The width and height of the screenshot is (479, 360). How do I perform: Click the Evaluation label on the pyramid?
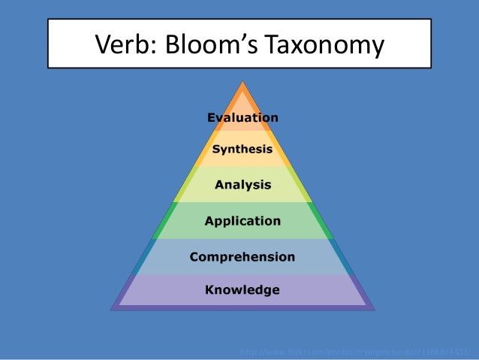tap(242, 117)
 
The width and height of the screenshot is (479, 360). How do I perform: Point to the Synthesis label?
tap(242, 150)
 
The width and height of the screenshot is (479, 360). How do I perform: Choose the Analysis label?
tap(243, 184)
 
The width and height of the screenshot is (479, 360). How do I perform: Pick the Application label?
tap(243, 221)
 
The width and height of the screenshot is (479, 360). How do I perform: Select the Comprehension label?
tap(242, 257)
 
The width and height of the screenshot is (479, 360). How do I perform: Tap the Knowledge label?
tap(243, 289)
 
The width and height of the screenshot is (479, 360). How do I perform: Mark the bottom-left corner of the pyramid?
tap(112, 309)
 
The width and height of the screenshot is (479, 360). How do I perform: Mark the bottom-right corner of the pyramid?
tap(373, 309)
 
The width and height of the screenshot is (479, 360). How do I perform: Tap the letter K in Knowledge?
tap(210, 289)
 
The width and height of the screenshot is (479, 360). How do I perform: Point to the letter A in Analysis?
tap(220, 184)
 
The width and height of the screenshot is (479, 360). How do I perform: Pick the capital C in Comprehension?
tap(194, 256)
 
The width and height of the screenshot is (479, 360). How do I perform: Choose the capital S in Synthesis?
tap(216, 149)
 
